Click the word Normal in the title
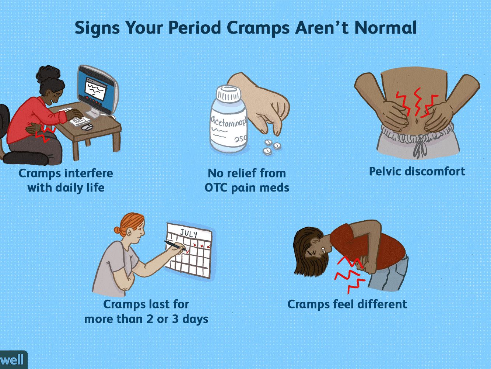point(385,28)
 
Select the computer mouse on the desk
point(87,127)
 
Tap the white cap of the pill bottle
point(228,94)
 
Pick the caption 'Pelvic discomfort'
point(417,172)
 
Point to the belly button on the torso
point(417,121)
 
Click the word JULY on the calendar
point(189,233)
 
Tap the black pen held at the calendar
point(175,245)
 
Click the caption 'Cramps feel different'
point(347,304)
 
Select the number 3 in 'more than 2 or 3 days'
point(175,319)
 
